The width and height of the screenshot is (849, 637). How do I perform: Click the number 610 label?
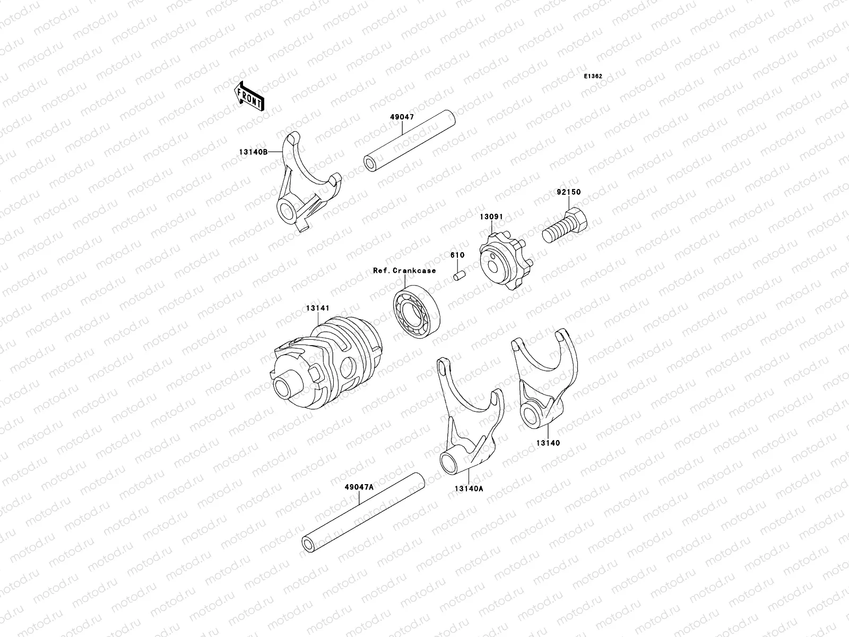(x=457, y=255)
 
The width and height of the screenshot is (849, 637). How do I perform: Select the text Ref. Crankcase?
(x=404, y=271)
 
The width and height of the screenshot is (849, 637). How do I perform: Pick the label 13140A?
(x=469, y=489)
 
